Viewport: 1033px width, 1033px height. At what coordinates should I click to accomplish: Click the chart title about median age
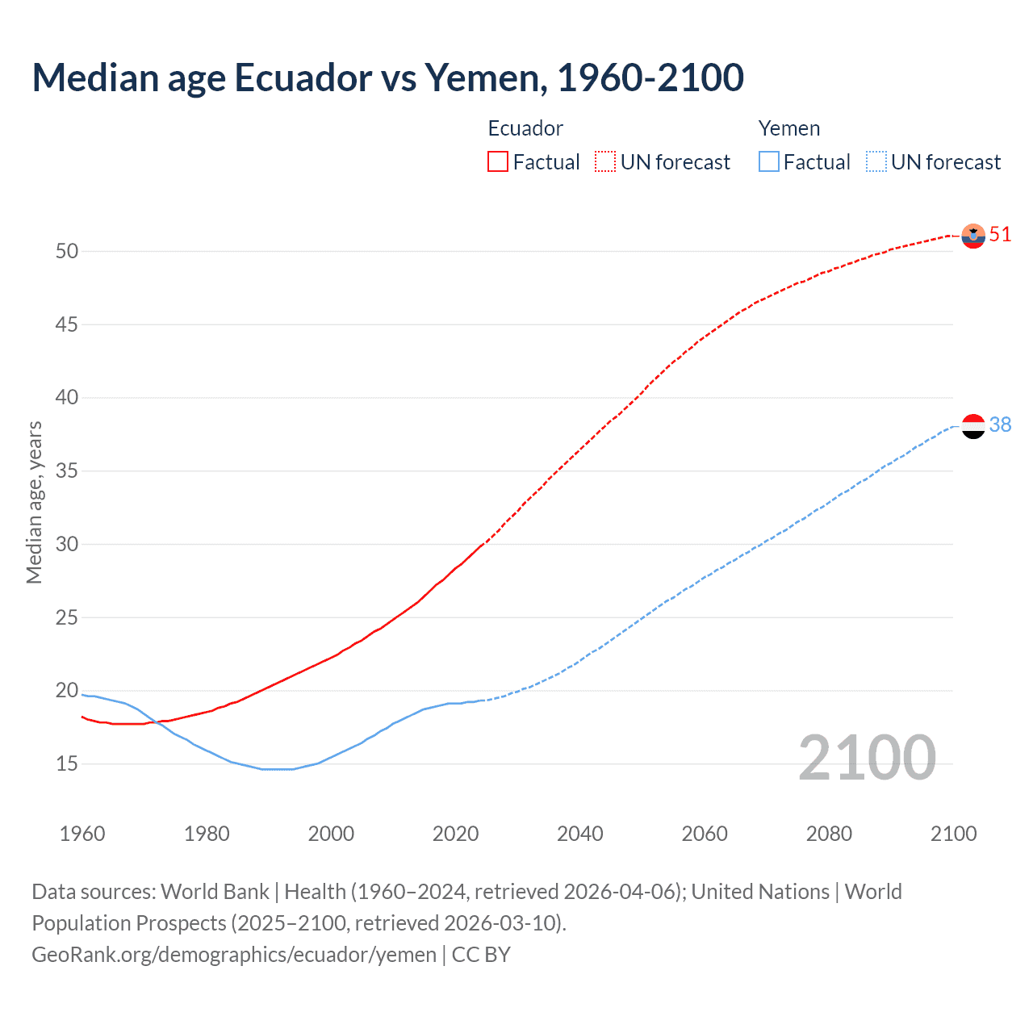tap(387, 77)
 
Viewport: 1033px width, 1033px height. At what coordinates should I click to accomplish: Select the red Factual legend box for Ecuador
tap(498, 162)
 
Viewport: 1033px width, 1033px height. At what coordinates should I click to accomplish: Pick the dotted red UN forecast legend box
tap(605, 162)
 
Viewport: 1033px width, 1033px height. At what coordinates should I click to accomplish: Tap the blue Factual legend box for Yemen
tap(768, 162)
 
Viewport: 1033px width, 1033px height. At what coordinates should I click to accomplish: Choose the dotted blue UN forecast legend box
tap(876, 162)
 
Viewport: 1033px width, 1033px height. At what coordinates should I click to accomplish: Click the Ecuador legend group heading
tap(525, 128)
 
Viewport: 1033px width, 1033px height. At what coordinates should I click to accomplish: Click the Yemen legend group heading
tap(788, 128)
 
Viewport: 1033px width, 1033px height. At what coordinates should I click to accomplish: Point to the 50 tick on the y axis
tap(67, 251)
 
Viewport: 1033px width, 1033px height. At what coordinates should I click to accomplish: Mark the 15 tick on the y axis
tap(67, 763)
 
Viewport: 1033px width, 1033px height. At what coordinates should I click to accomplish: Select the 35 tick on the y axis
tap(67, 470)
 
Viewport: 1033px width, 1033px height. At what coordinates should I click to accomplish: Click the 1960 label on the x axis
tap(82, 834)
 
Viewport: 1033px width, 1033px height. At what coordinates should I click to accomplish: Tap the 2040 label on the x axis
tap(579, 834)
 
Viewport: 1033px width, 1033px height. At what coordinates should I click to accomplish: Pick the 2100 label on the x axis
tap(953, 834)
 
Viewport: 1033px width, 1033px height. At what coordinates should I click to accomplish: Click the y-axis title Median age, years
tap(34, 502)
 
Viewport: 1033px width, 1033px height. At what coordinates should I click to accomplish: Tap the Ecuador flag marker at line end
tap(973, 236)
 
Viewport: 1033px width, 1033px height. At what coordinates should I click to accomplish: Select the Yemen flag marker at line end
tap(973, 425)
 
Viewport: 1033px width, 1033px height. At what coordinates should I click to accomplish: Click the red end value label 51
tap(1000, 235)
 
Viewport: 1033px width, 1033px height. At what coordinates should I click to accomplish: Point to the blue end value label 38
tap(1000, 424)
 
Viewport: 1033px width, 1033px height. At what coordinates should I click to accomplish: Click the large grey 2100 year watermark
tap(867, 758)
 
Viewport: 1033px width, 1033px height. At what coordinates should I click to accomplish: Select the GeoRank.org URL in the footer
tap(234, 955)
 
